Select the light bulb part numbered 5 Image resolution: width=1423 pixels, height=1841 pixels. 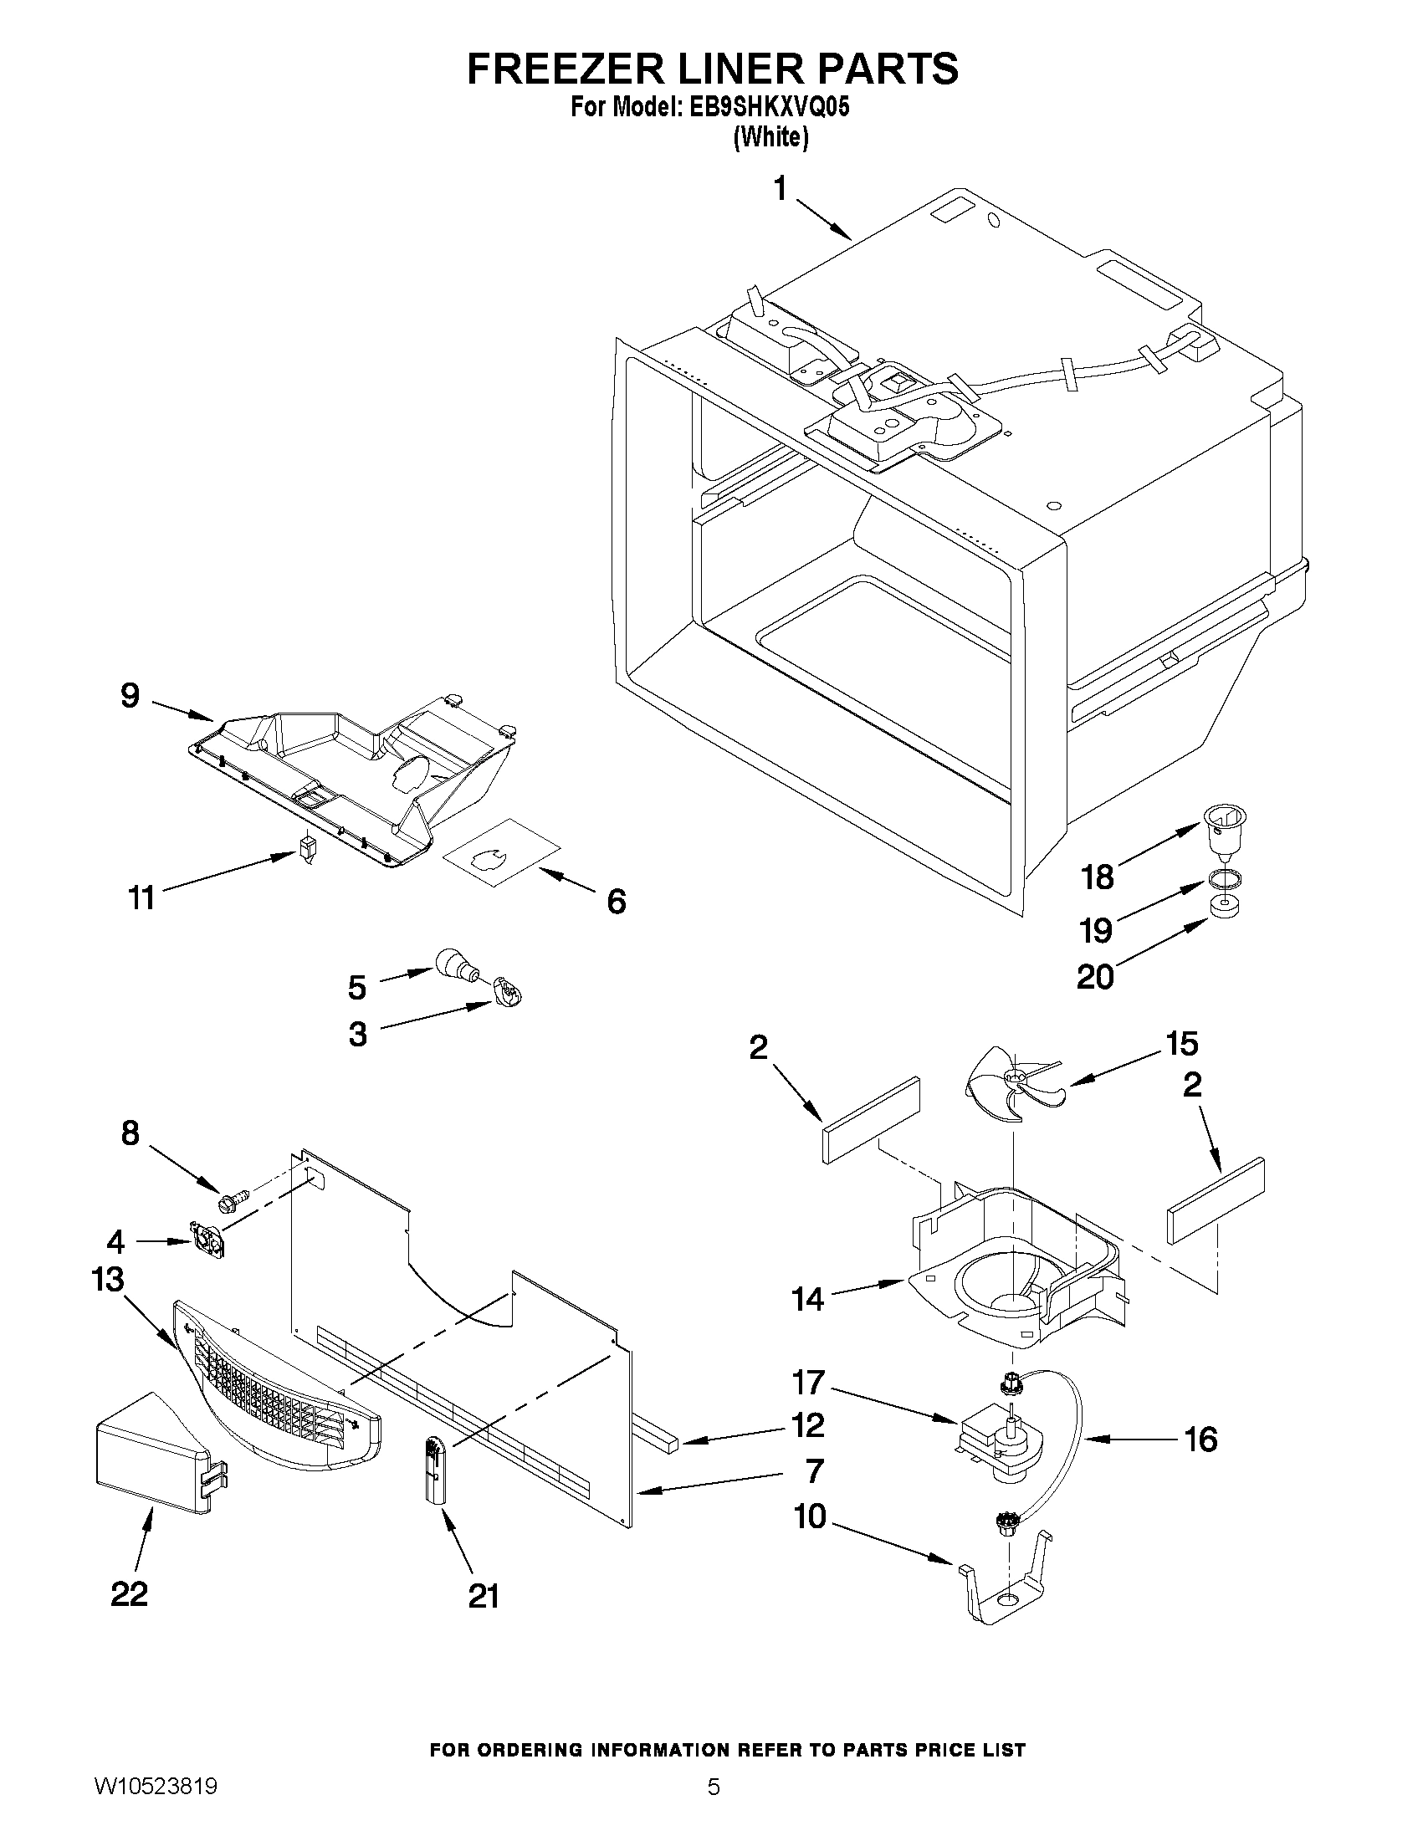[x=456, y=964]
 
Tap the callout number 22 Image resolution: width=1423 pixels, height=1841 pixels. [x=130, y=1593]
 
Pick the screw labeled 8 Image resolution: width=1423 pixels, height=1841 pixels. [x=234, y=1198]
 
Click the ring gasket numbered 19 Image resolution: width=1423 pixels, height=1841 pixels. [x=1224, y=879]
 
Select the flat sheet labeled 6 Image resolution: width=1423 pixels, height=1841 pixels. [x=501, y=851]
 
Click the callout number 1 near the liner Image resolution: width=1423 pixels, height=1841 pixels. [x=781, y=190]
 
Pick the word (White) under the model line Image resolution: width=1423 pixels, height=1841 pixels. [x=770, y=136]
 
